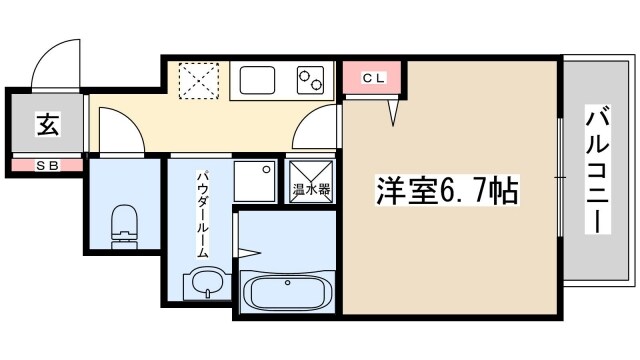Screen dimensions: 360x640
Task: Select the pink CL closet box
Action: pyautogui.click(x=372, y=77)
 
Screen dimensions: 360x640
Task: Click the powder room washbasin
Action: pyautogui.click(x=202, y=284)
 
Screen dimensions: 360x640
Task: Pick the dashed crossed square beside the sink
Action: pyautogui.click(x=198, y=80)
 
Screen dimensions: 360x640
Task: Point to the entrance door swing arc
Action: pyautogui.click(x=55, y=62)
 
